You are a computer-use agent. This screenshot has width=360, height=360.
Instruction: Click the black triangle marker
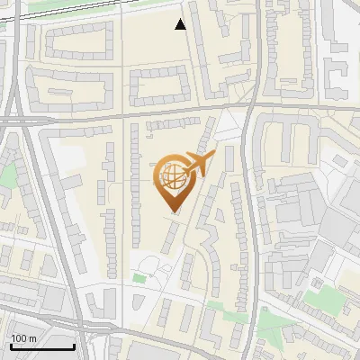181,24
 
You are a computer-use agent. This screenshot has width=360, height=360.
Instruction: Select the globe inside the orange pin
171,178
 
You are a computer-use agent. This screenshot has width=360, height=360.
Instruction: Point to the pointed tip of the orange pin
173,211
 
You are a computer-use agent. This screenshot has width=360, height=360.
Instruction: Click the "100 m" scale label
23,337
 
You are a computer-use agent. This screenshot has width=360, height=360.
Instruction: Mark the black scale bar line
41,346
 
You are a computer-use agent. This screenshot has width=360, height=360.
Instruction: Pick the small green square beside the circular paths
139,278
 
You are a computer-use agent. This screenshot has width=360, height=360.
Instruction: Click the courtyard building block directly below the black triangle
162,85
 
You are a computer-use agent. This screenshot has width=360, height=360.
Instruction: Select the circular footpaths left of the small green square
151,266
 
